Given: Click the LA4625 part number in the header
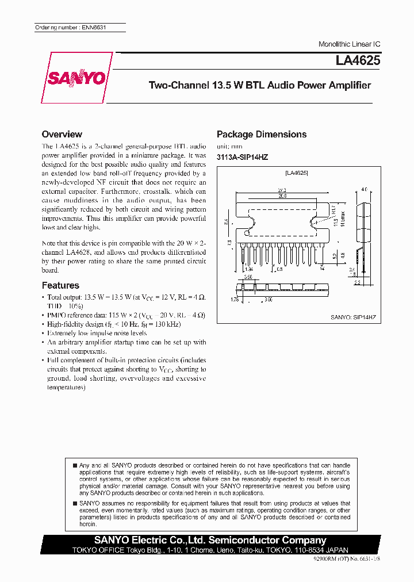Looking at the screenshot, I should [x=358, y=60].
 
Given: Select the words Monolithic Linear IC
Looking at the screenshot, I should [x=349, y=44].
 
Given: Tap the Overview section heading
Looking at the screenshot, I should [x=62, y=134].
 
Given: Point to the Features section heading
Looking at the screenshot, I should [x=60, y=285].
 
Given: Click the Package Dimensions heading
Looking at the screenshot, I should [x=261, y=134].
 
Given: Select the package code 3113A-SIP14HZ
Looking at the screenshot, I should [x=243, y=157].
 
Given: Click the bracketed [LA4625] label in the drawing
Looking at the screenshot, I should [x=297, y=173].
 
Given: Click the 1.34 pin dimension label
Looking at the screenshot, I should [x=249, y=269].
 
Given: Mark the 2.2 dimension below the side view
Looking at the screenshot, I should [x=356, y=283].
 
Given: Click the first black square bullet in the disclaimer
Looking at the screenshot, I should [x=74, y=465].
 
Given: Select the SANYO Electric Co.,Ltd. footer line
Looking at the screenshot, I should [x=210, y=540].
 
